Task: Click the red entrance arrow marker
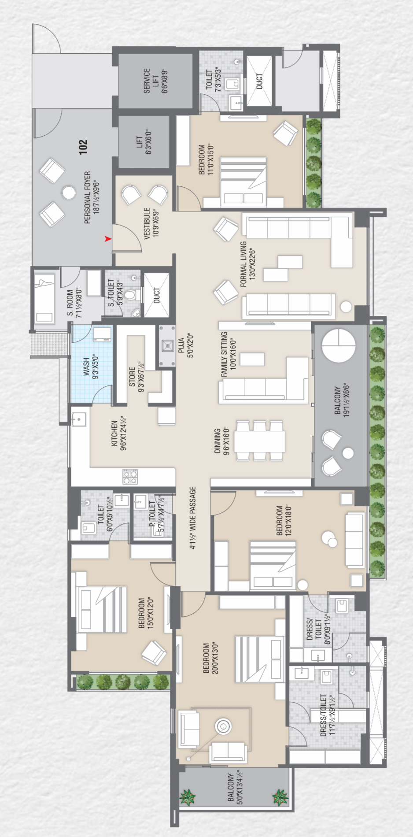pyautogui.click(x=108, y=239)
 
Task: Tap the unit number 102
pyautogui.click(x=83, y=147)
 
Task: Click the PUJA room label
pyautogui.click(x=185, y=345)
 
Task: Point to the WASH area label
pyautogui.click(x=91, y=367)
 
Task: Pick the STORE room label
pyautogui.click(x=136, y=377)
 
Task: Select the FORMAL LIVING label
pyautogui.click(x=248, y=264)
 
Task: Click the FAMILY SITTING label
pyautogui.click(x=229, y=354)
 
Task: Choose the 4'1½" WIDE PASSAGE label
pyautogui.click(x=193, y=518)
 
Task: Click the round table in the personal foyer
pyautogui.click(x=69, y=193)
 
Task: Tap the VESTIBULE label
pyautogui.click(x=151, y=223)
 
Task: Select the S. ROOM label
pyautogui.click(x=74, y=303)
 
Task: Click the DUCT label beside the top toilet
pyautogui.click(x=259, y=81)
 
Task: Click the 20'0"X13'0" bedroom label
pyautogui.click(x=210, y=658)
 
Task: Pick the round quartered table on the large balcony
pyautogui.click(x=339, y=345)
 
